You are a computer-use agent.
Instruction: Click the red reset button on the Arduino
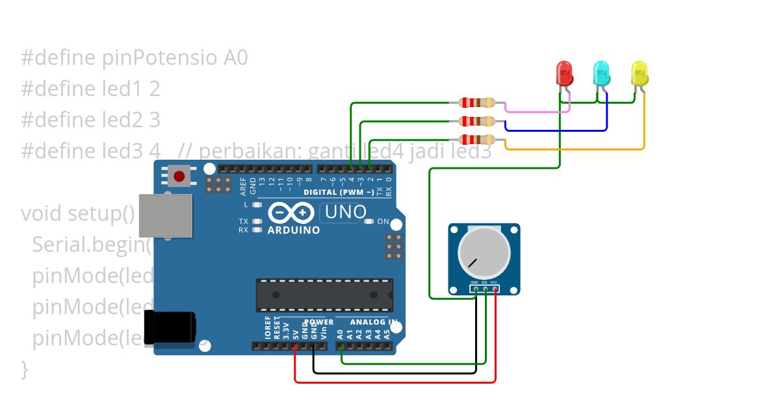(x=179, y=175)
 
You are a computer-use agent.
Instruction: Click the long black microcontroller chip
(x=324, y=295)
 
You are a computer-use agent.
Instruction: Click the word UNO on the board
(x=345, y=212)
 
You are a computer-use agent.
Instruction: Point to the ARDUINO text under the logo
(x=294, y=230)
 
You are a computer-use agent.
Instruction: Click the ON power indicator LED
(x=369, y=221)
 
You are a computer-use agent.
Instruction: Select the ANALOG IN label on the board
(x=374, y=322)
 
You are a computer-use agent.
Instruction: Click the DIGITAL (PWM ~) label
(x=339, y=192)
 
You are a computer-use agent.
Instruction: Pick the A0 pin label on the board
(x=340, y=335)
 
